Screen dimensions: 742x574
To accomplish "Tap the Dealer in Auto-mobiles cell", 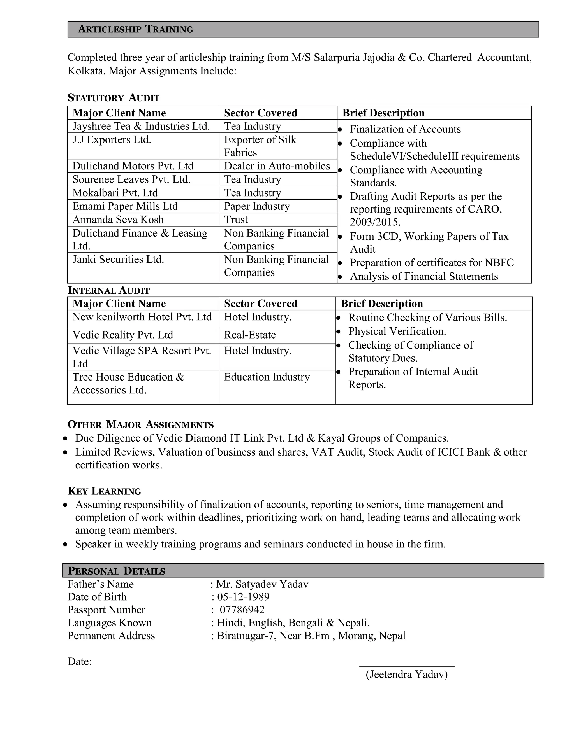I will click(277, 166).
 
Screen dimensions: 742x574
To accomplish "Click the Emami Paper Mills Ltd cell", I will click(125, 206).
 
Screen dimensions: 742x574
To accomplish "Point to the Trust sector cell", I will click(236, 220).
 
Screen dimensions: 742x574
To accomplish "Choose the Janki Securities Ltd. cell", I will click(118, 260).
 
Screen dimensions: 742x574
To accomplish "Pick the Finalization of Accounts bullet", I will click(405, 129).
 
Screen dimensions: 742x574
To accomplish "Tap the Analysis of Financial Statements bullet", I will click(424, 277).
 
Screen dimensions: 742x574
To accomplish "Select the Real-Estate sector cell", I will click(250, 335).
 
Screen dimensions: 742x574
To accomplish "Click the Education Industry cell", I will click(267, 377).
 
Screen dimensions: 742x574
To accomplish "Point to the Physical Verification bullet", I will click(397, 331).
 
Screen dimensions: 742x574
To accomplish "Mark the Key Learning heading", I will click(104, 491).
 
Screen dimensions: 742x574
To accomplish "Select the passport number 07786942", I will click(242, 610).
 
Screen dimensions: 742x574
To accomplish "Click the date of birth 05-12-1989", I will click(243, 597).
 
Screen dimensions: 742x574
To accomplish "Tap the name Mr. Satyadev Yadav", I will click(262, 584).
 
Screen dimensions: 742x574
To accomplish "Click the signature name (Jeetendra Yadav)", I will click(407, 675).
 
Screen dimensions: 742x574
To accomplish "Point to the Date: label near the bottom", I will click(80, 661).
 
